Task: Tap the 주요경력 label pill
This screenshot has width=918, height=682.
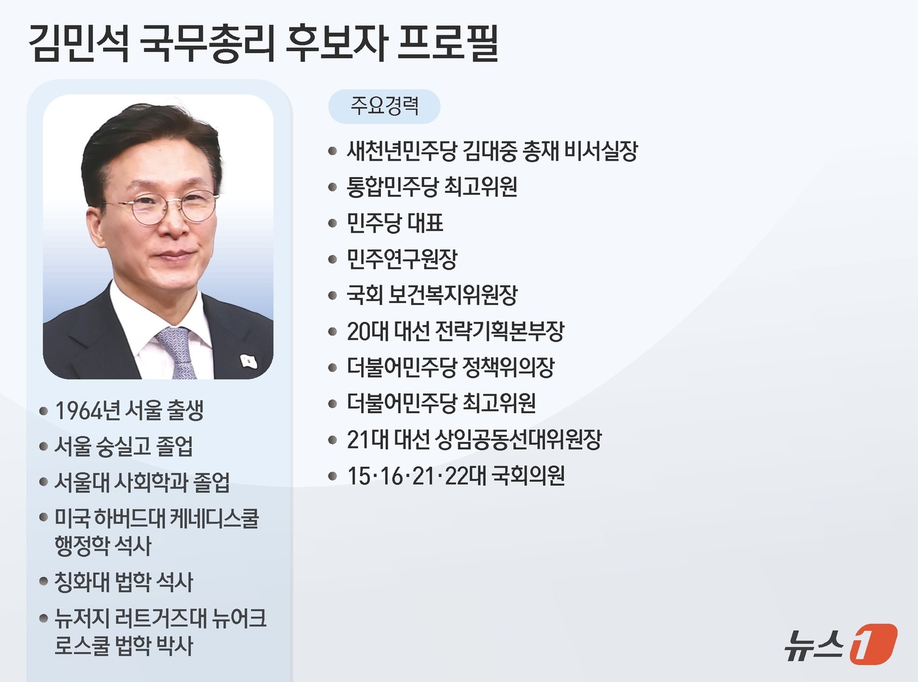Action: [x=384, y=106]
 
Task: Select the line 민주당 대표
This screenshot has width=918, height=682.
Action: [x=395, y=223]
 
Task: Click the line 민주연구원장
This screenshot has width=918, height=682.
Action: [x=402, y=259]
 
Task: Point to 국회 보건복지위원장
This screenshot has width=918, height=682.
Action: [x=432, y=295]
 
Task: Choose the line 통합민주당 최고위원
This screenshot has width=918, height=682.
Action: [x=432, y=187]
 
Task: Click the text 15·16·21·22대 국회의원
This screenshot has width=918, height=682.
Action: [x=456, y=475]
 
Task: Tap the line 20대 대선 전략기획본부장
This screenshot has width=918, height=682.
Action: [x=455, y=331]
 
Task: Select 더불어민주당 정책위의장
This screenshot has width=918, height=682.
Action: [x=450, y=367]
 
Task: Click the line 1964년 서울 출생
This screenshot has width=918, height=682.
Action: [x=129, y=411]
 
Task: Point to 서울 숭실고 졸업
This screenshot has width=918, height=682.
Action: [x=123, y=447]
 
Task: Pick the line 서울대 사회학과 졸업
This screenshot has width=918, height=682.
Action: [x=142, y=483]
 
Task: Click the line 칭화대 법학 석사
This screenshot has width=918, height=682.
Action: [x=123, y=582]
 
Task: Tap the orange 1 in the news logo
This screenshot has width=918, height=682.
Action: [x=873, y=644]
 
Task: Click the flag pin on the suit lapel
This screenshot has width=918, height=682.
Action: [x=248, y=360]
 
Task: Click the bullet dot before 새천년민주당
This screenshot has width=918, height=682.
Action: [x=332, y=151]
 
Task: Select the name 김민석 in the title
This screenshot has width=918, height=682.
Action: [x=79, y=43]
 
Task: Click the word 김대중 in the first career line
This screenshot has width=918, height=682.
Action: [x=489, y=151]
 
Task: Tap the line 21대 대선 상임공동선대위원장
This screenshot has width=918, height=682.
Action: [x=474, y=439]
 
